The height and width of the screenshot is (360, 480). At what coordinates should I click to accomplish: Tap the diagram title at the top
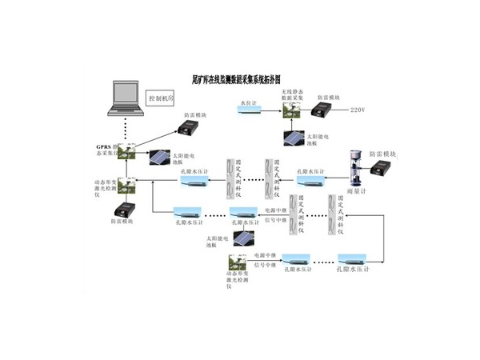(x=240, y=81)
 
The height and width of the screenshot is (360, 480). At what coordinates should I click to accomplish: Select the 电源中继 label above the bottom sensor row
(x=263, y=255)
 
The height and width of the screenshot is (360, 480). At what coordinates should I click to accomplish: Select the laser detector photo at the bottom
(x=238, y=262)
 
